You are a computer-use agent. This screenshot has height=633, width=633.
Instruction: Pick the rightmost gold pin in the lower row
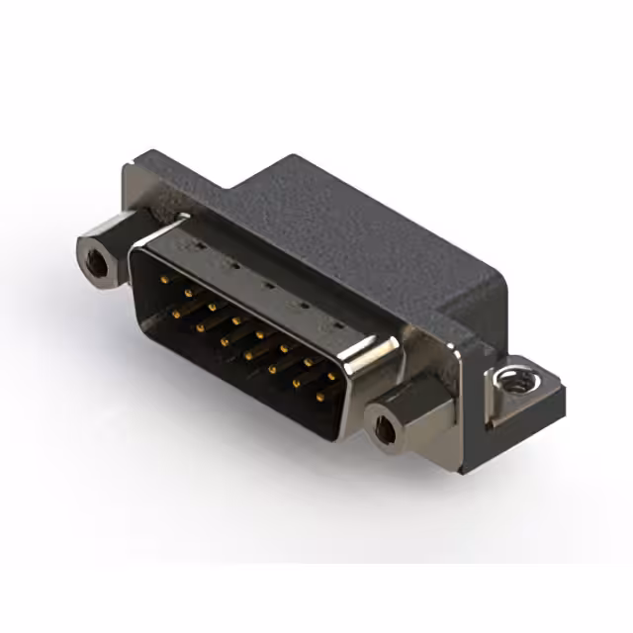(319, 398)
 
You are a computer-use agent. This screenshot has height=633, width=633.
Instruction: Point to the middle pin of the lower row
(248, 352)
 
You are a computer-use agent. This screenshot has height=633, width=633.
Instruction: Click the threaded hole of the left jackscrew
(97, 261)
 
